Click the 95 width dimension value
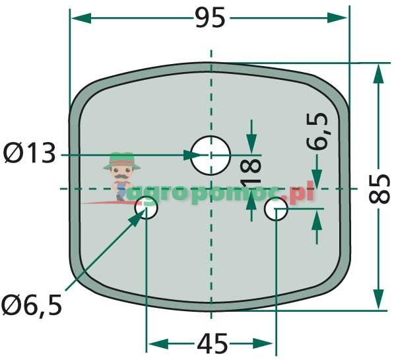coord(211,18)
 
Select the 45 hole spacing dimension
coord(212,343)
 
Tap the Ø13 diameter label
coord(29,154)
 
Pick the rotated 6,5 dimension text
coord(316,132)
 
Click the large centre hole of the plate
coord(211,155)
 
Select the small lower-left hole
coord(147,209)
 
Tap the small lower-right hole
coord(276,211)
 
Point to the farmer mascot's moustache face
coord(121,176)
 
